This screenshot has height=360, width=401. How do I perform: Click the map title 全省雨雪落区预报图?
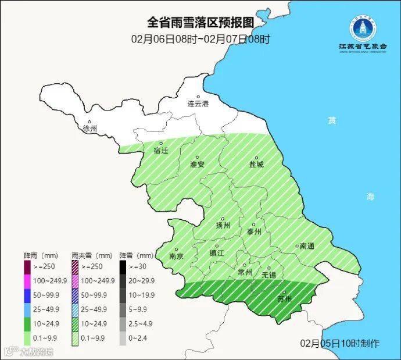(200, 23)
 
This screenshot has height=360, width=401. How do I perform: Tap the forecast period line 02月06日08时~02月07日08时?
(200, 40)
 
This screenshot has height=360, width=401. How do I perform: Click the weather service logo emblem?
(363, 27)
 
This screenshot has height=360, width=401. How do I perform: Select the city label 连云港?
(197, 104)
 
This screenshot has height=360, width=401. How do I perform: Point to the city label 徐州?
(90, 128)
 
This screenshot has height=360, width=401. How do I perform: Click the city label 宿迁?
(160, 150)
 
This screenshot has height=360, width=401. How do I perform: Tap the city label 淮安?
(198, 164)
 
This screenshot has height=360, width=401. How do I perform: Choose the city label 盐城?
(256, 164)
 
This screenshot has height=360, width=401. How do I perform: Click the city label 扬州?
(223, 225)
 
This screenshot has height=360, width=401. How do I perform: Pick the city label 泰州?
(254, 231)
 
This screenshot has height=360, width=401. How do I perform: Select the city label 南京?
(176, 256)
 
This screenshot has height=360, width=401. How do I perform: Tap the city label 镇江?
(217, 252)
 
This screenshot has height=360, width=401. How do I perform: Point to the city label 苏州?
(284, 299)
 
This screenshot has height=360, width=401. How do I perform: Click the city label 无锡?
(268, 274)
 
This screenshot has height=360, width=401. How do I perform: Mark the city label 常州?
(245, 272)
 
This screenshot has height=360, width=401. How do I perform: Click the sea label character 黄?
(331, 120)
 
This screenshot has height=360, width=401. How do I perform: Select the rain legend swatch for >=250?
(27, 268)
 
